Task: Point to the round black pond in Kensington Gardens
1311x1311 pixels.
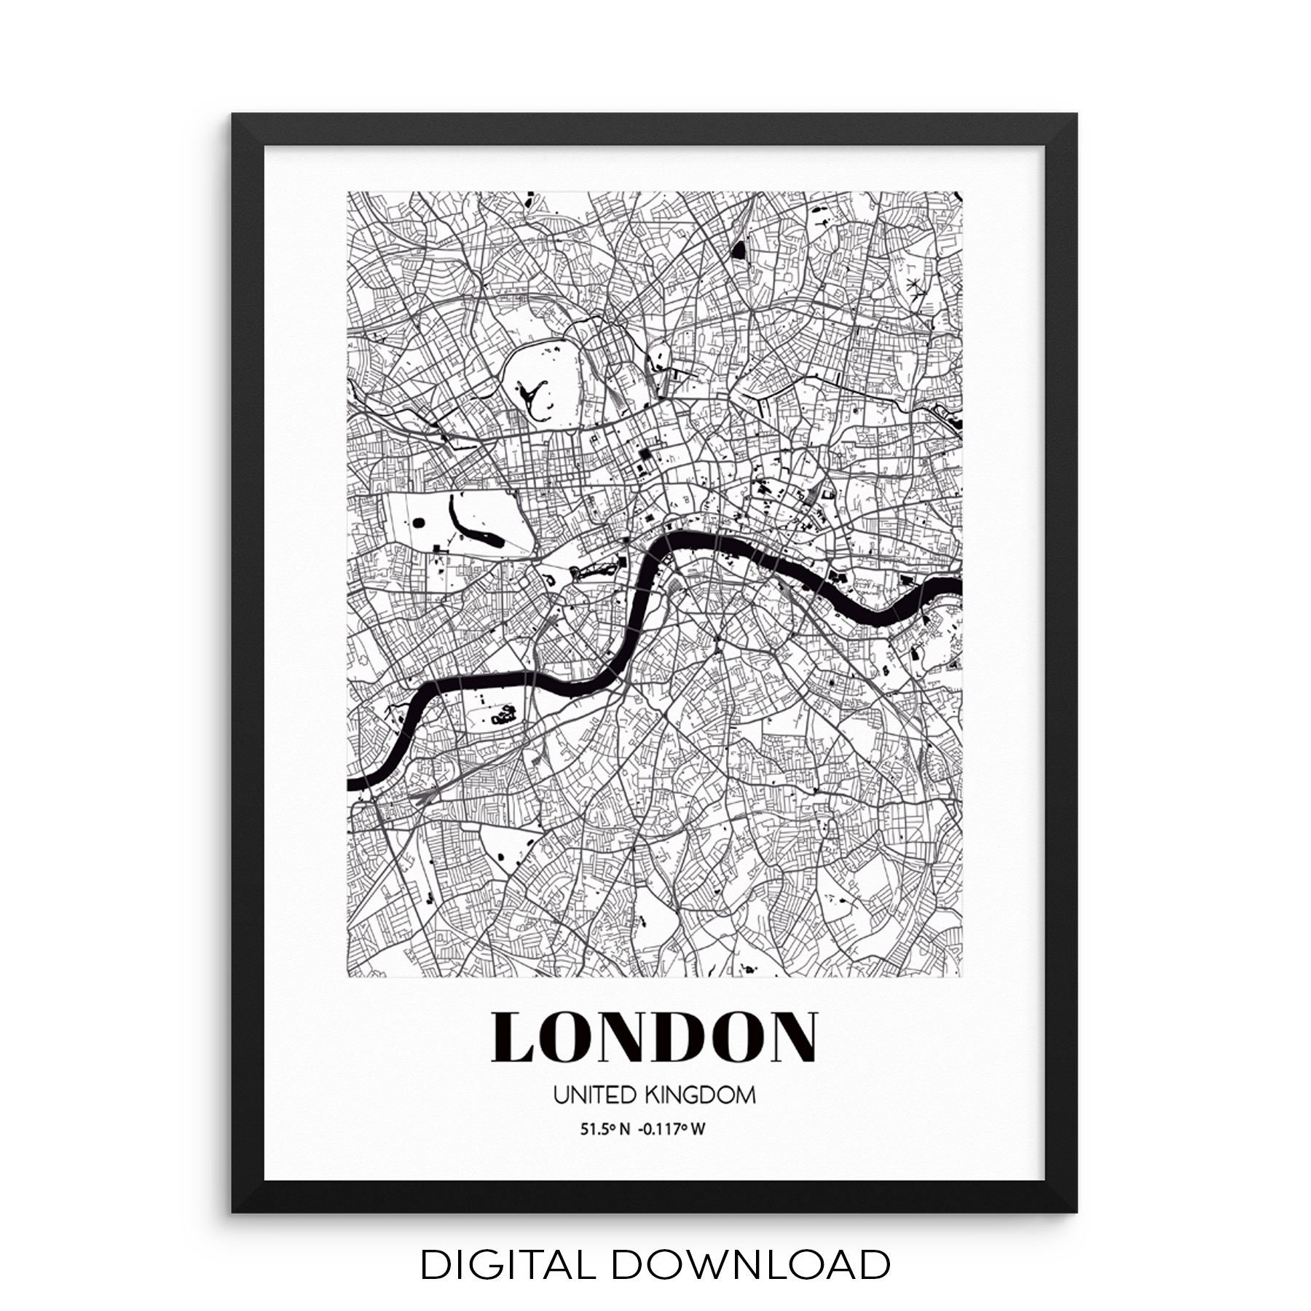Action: (x=420, y=521)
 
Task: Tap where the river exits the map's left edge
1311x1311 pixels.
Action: (x=350, y=784)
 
